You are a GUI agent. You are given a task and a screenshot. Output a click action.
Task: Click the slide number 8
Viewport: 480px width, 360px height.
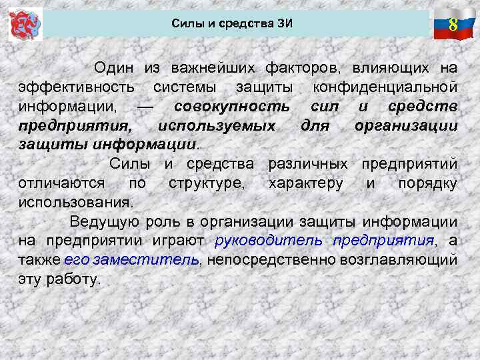[x=453, y=25]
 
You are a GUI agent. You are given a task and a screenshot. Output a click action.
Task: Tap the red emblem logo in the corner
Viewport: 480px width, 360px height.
[x=26, y=25]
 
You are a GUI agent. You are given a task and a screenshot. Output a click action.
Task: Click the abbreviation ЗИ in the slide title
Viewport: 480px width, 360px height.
[x=284, y=25]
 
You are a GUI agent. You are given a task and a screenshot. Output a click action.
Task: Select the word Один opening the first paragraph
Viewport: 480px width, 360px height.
[x=114, y=67]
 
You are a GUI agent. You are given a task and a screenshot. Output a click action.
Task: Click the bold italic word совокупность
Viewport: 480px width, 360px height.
[x=231, y=106]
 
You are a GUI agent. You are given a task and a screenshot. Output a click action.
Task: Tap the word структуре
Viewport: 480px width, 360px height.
[x=206, y=183]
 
